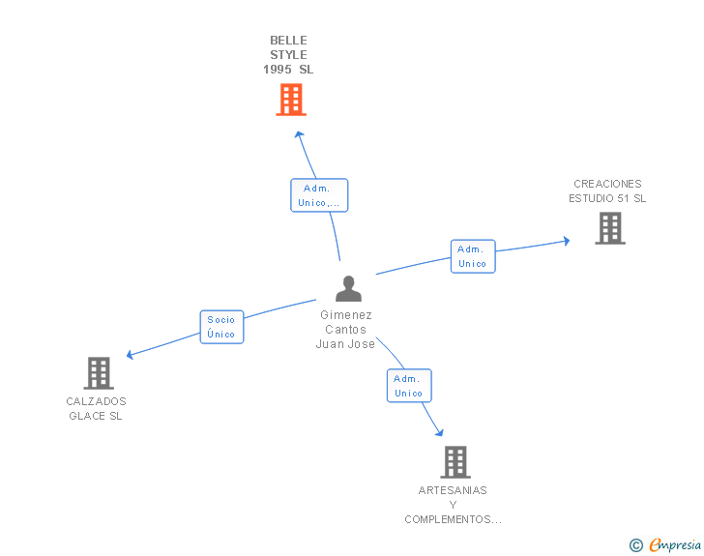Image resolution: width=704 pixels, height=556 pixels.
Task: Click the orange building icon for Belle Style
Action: pyautogui.click(x=291, y=100)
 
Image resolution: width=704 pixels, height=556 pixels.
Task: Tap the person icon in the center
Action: pyautogui.click(x=348, y=288)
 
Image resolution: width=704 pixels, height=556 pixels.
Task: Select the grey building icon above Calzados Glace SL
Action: pyautogui.click(x=99, y=373)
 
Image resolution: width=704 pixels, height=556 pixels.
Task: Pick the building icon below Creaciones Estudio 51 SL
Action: pyautogui.click(x=610, y=228)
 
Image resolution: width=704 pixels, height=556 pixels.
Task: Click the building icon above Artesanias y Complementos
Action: pyautogui.click(x=455, y=461)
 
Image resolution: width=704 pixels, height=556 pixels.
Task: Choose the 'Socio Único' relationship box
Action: pyautogui.click(x=221, y=327)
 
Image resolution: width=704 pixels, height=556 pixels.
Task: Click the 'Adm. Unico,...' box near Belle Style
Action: pyautogui.click(x=319, y=195)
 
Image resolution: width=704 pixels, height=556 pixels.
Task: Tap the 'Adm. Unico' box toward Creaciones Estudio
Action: pyautogui.click(x=473, y=256)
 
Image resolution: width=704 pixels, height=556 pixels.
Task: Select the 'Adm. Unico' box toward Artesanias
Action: pyautogui.click(x=409, y=386)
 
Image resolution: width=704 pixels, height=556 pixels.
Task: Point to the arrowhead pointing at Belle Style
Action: pyautogui.click(x=299, y=134)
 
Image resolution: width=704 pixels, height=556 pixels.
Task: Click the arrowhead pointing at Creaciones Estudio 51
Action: pyautogui.click(x=567, y=241)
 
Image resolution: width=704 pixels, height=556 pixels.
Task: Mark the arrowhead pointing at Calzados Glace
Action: pyautogui.click(x=130, y=355)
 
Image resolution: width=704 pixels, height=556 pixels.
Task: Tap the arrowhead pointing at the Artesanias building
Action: pyautogui.click(x=440, y=432)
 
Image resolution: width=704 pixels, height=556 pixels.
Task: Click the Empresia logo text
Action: pyautogui.click(x=675, y=544)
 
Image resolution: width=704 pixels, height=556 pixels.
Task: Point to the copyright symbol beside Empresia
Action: pyautogui.click(x=636, y=545)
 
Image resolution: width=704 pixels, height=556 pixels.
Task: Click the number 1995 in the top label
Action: pyautogui.click(x=278, y=70)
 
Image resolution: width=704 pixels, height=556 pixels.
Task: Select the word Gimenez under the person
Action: pyautogui.click(x=346, y=315)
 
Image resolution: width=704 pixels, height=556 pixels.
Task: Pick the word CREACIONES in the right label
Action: pyautogui.click(x=607, y=184)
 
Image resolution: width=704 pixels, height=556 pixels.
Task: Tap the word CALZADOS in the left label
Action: pyautogui.click(x=96, y=401)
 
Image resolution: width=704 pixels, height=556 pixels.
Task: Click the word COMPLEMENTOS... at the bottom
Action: pyautogui.click(x=453, y=519)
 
